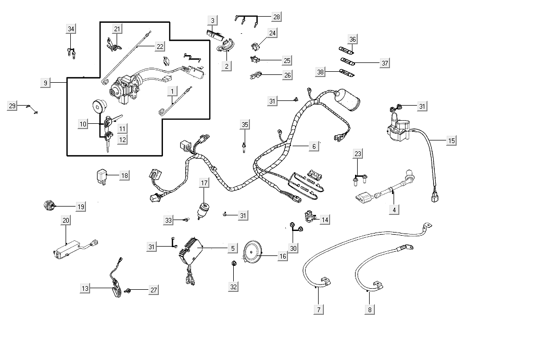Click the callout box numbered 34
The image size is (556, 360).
71,29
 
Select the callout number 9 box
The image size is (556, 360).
45,83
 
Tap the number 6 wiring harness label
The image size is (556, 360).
313,147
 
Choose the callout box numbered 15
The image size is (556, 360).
451,140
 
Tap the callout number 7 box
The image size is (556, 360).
319,310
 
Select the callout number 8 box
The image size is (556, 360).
370,310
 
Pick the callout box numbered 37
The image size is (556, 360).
385,63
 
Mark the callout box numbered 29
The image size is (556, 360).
12,106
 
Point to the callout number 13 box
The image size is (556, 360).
85,288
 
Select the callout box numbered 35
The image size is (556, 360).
245,124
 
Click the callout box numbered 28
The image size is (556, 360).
276,17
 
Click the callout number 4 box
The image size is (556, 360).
394,210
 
